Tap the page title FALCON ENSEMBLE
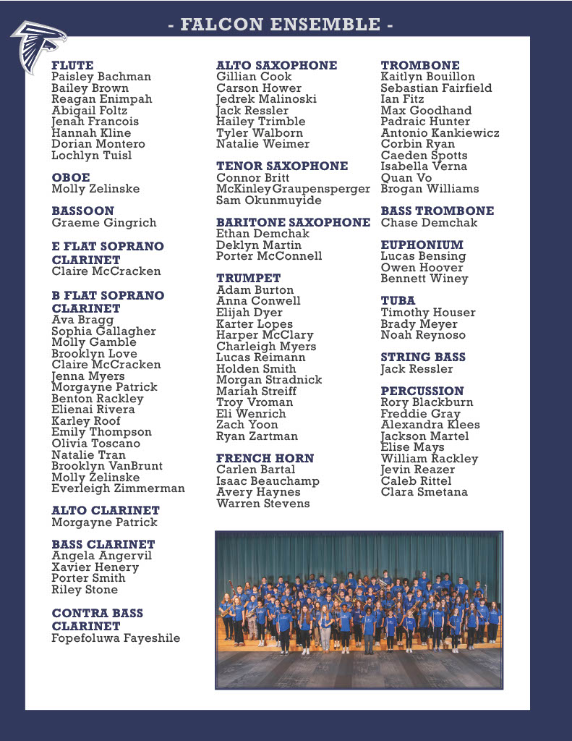coord(281,25)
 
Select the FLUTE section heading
coord(72,65)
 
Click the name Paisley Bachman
coord(101,77)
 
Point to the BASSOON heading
coord(82,211)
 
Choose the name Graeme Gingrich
coord(103,223)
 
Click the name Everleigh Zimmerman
coord(118,488)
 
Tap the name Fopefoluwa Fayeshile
coord(116,638)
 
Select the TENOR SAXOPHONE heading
coord(282,166)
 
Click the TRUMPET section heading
coord(248,278)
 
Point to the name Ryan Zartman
coord(257,436)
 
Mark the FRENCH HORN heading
coord(265,458)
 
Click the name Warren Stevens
coord(263,504)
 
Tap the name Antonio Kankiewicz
coord(440,133)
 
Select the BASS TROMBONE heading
coord(437,211)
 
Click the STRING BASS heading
coord(423,357)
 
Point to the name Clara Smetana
coord(424,492)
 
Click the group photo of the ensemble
coord(359,610)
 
